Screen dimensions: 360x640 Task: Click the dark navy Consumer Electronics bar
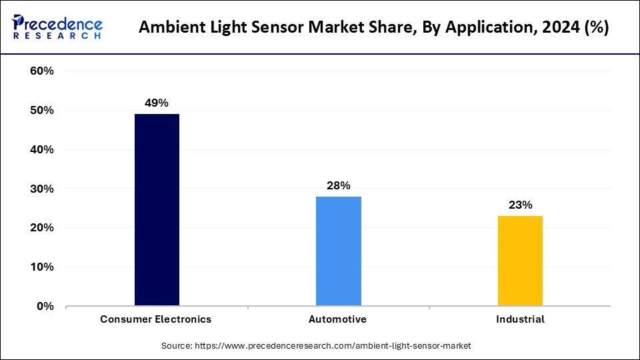tap(157, 210)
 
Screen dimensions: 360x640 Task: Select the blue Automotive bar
tap(338, 251)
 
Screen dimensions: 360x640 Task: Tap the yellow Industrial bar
tap(520, 261)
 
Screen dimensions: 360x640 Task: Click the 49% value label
tap(157, 103)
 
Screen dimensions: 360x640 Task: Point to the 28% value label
tap(338, 185)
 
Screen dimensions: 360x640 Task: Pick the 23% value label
tap(520, 205)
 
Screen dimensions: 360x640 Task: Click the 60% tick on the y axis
tap(42, 71)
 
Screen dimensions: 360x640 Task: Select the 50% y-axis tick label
tap(42, 111)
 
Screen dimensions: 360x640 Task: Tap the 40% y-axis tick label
tap(42, 150)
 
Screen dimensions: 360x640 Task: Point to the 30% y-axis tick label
tap(42, 189)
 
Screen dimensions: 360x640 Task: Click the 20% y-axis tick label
tap(42, 228)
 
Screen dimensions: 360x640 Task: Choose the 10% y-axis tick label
tap(42, 267)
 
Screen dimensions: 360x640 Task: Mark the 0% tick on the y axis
tap(45, 307)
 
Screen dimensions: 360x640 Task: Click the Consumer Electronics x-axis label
tap(156, 319)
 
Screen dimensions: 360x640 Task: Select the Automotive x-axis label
tap(337, 319)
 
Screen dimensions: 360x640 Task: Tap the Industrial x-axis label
tap(520, 319)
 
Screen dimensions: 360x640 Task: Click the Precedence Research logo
tap(57, 27)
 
